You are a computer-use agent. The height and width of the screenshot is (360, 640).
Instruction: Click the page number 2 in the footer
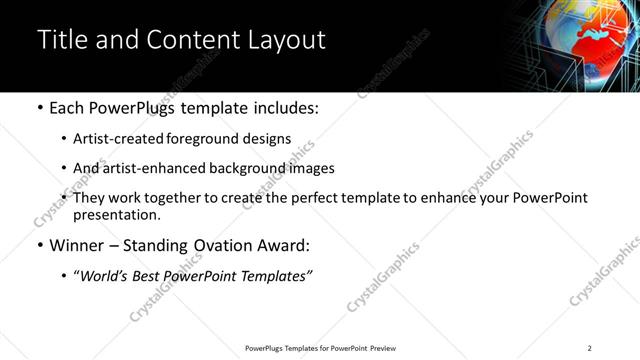pyautogui.click(x=590, y=348)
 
